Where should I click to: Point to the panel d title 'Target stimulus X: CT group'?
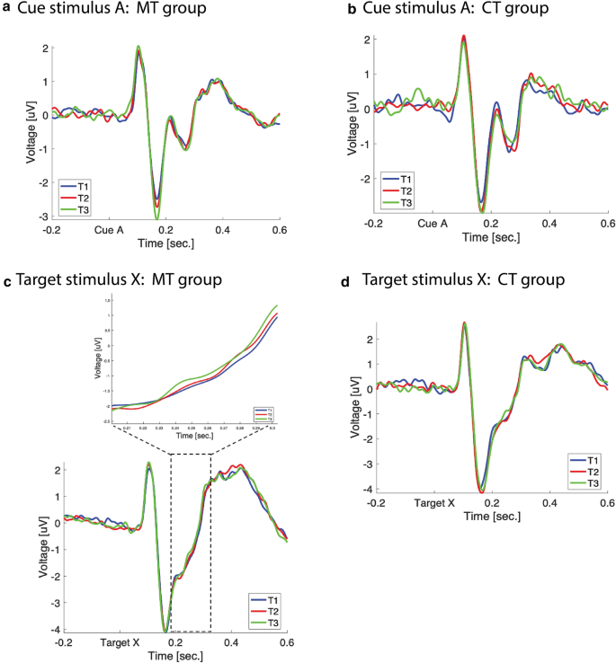[x=462, y=281]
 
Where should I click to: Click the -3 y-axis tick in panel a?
[x=44, y=218]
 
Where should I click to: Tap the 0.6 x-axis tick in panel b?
[x=606, y=223]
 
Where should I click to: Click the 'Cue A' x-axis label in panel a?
[x=108, y=230]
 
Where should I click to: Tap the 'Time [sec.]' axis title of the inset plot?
[x=195, y=436]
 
